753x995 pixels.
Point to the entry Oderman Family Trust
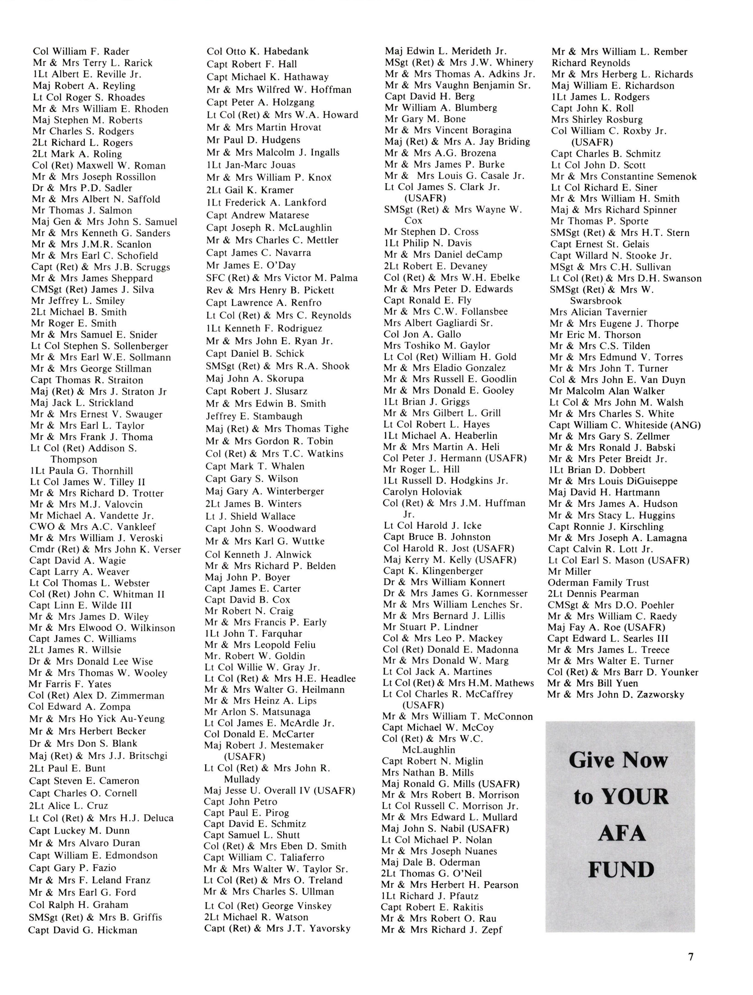click(598, 583)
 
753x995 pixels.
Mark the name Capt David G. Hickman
click(83, 930)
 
